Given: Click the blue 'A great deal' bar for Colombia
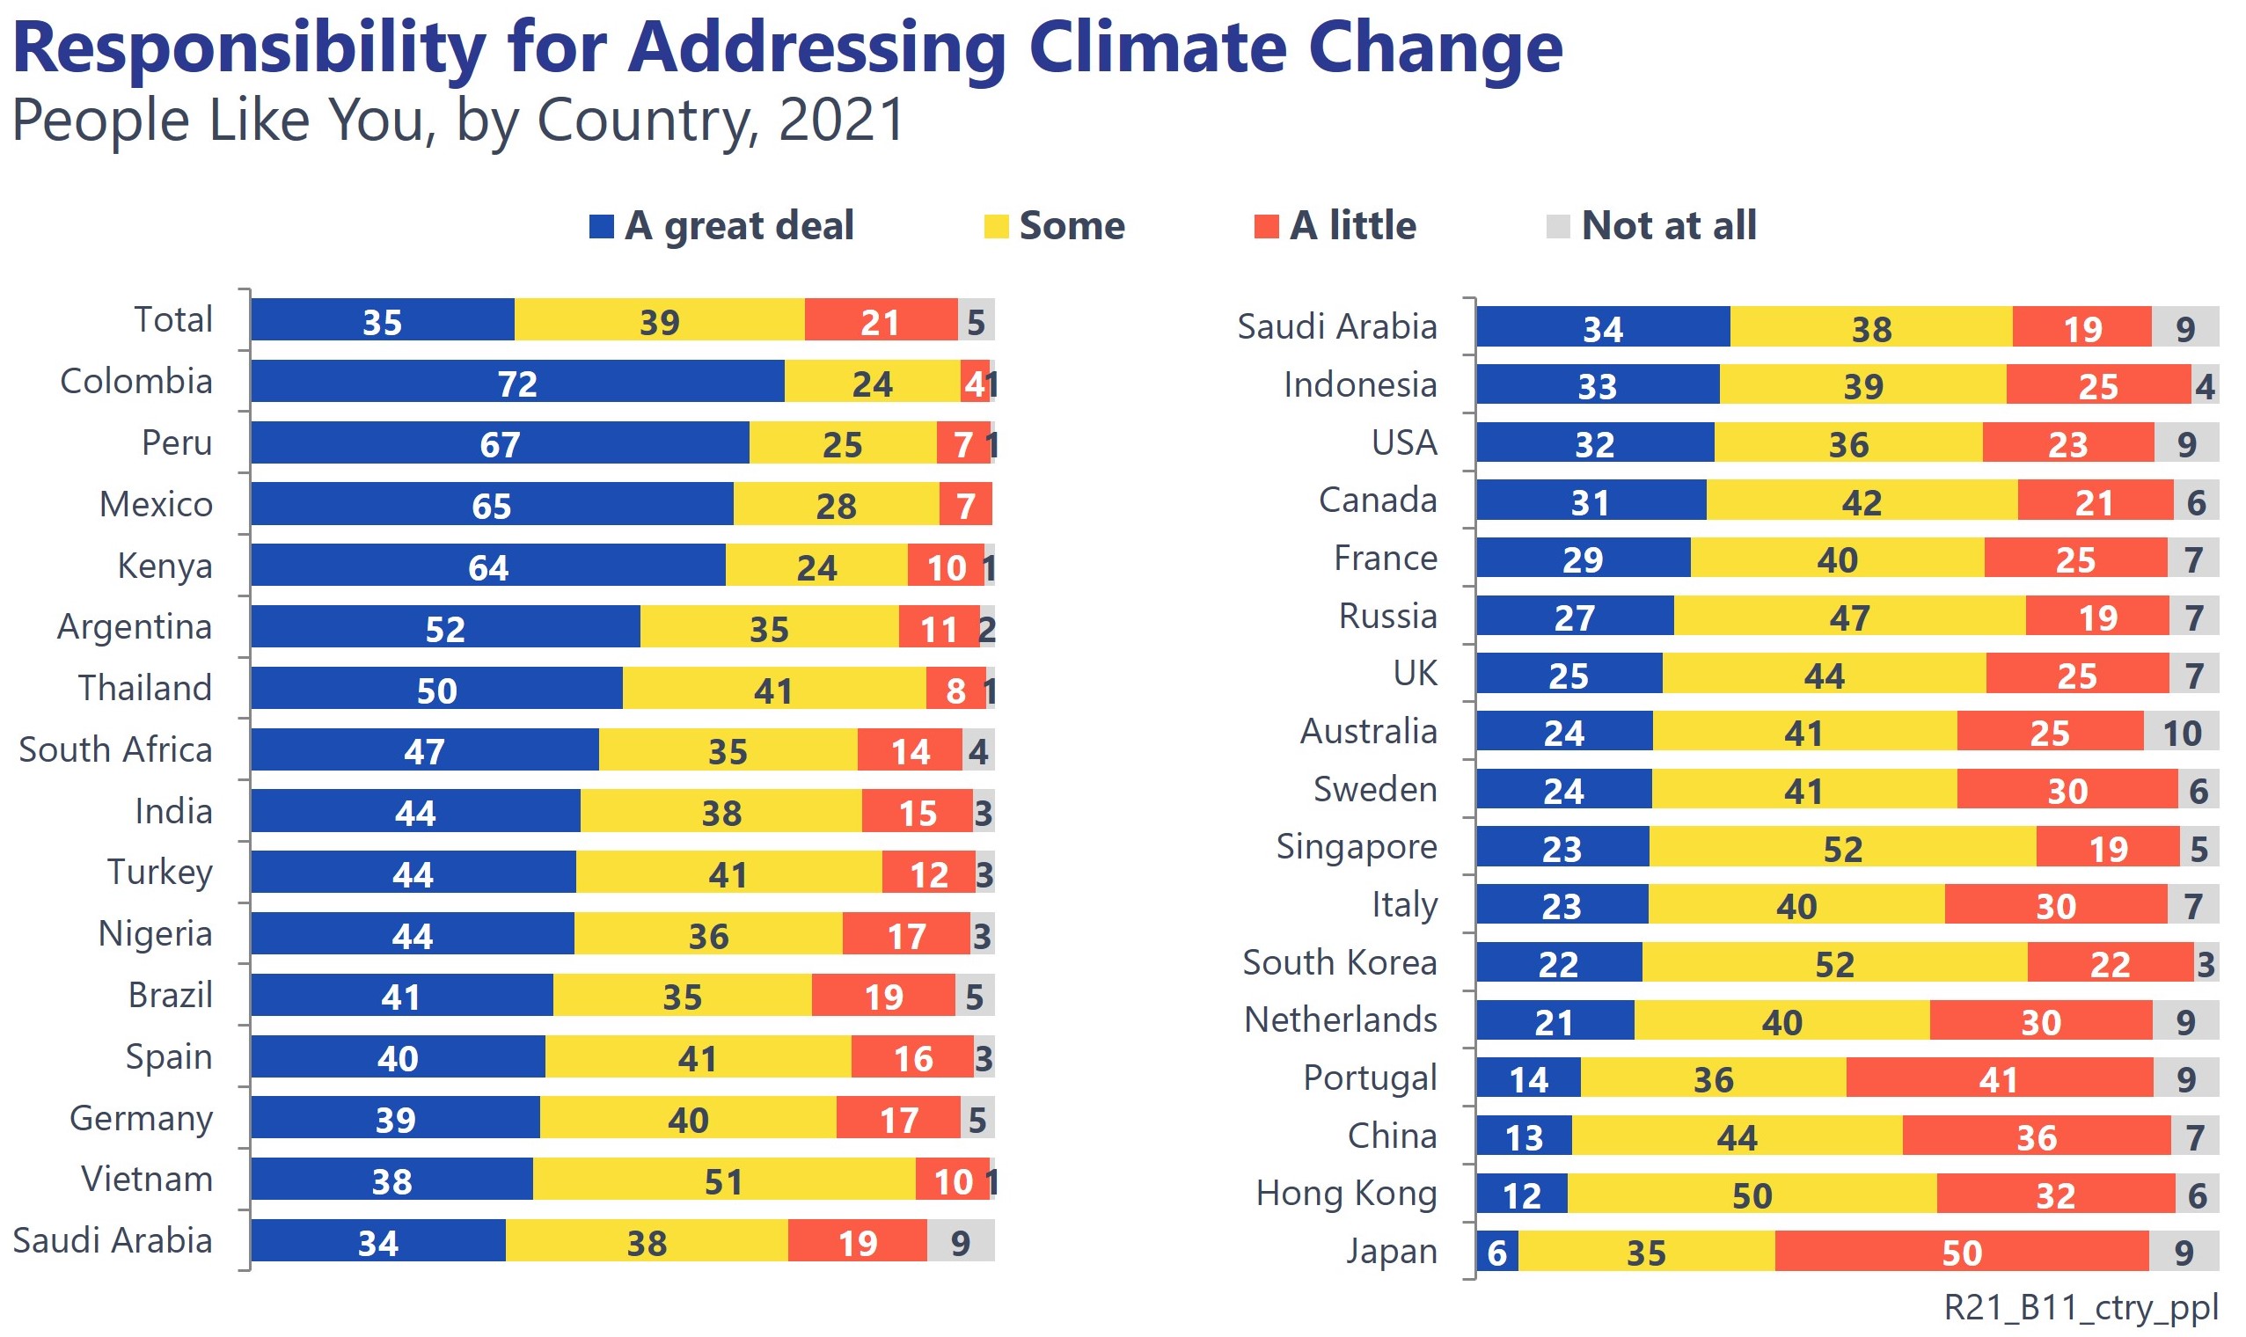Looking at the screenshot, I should click(x=516, y=381).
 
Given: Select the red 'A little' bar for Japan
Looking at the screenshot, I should click(x=1960, y=1252).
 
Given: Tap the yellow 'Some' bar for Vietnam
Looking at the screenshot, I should click(x=722, y=1180).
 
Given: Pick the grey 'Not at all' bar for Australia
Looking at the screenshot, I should click(x=2180, y=732).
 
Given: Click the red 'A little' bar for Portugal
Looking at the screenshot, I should click(x=1998, y=1078).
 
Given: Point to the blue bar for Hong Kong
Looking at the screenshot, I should click(x=1521, y=1194).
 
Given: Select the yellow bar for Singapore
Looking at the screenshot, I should click(x=1841, y=847).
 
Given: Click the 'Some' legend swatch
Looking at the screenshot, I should click(x=995, y=226).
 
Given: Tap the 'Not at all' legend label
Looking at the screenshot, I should click(x=1669, y=225).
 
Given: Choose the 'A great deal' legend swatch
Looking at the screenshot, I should click(x=601, y=226).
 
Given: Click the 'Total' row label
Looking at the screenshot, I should click(x=173, y=320).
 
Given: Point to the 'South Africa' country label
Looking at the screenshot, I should click(x=115, y=749).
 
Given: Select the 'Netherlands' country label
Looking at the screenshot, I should click(x=1340, y=1019).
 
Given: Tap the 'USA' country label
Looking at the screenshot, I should click(x=1403, y=442).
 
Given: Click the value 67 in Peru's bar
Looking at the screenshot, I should click(x=499, y=444).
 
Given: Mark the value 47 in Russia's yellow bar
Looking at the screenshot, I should click(x=1847, y=617).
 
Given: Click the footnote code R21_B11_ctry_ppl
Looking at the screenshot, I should click(x=2081, y=1305).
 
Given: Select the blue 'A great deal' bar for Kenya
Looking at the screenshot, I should click(x=487, y=566).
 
